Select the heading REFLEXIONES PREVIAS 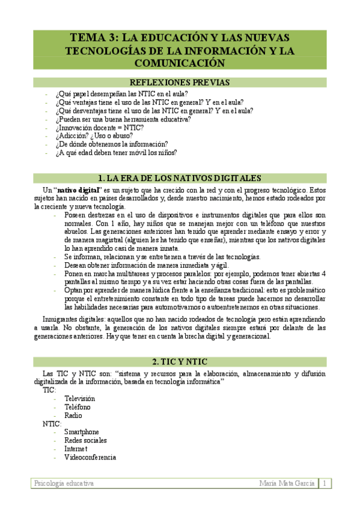point(180,83)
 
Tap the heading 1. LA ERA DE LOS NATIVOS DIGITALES point(180,178)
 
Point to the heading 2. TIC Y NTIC point(180,361)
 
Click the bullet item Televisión point(79,399)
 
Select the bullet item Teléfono point(77,407)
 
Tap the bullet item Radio point(73,416)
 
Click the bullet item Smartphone point(82,432)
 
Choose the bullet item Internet point(76,449)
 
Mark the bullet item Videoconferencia point(90,457)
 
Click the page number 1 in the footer point(325,484)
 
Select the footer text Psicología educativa point(64,484)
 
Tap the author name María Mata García point(287,484)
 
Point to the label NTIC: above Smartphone point(52,423)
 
